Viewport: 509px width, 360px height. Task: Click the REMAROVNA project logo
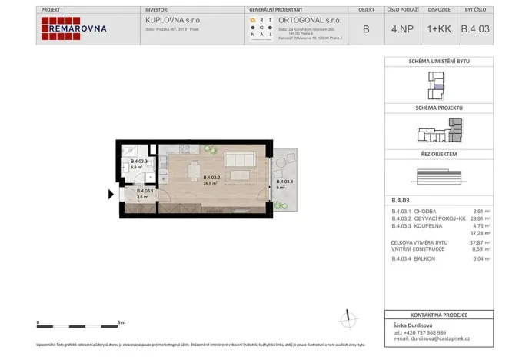(74, 28)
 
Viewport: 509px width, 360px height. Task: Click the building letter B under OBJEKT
(364, 29)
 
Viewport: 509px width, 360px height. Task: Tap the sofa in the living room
(239, 160)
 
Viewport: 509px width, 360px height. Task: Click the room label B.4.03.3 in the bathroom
(138, 161)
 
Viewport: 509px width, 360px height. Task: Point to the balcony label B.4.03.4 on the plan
(284, 182)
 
